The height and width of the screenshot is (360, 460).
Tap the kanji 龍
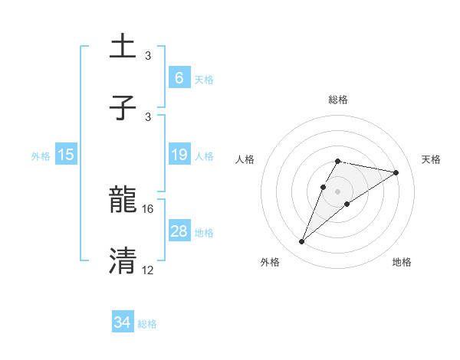123,201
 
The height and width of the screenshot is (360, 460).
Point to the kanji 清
123,260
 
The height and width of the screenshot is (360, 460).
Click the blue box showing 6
179,77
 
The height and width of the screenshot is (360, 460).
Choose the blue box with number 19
179,155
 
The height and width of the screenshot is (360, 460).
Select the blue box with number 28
179,231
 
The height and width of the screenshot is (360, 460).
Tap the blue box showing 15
66,155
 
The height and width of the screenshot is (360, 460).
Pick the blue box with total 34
123,322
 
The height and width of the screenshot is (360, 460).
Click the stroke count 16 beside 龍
149,208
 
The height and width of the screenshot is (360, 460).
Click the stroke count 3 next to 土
148,55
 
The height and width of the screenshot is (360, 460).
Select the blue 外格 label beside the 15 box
41,155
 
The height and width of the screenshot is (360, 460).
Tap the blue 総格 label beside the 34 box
147,323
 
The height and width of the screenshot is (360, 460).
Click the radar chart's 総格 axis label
338,100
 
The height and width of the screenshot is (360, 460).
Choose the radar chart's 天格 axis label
431,159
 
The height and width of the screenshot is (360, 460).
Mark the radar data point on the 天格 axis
396,172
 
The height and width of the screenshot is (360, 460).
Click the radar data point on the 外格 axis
302,242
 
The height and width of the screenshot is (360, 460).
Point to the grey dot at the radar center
338,191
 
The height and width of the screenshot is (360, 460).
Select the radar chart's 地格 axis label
402,262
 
